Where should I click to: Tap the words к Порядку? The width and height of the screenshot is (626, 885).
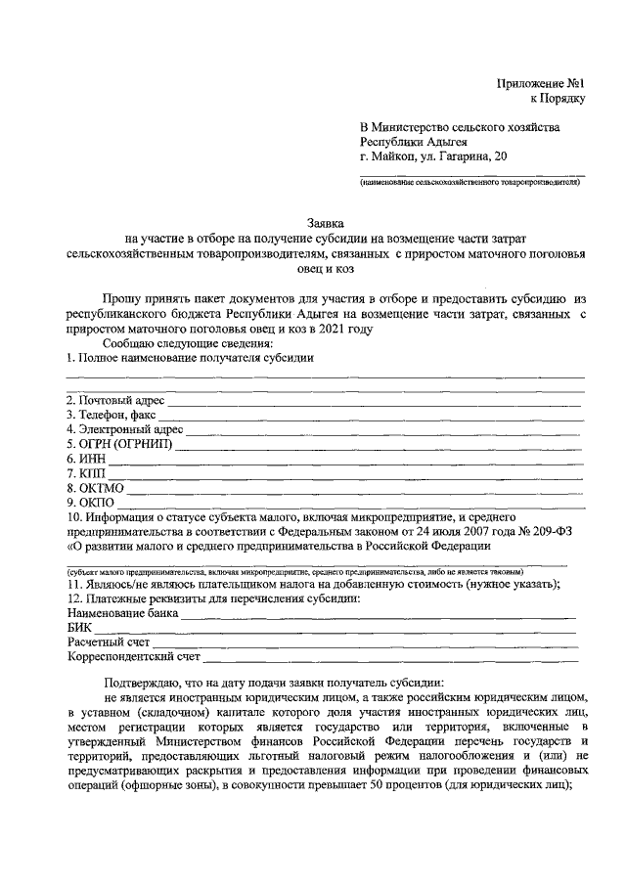click(x=558, y=98)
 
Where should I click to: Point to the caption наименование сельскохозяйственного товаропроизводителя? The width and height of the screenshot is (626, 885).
click(x=470, y=182)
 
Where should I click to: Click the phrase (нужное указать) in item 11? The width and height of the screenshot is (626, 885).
click(x=509, y=584)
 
